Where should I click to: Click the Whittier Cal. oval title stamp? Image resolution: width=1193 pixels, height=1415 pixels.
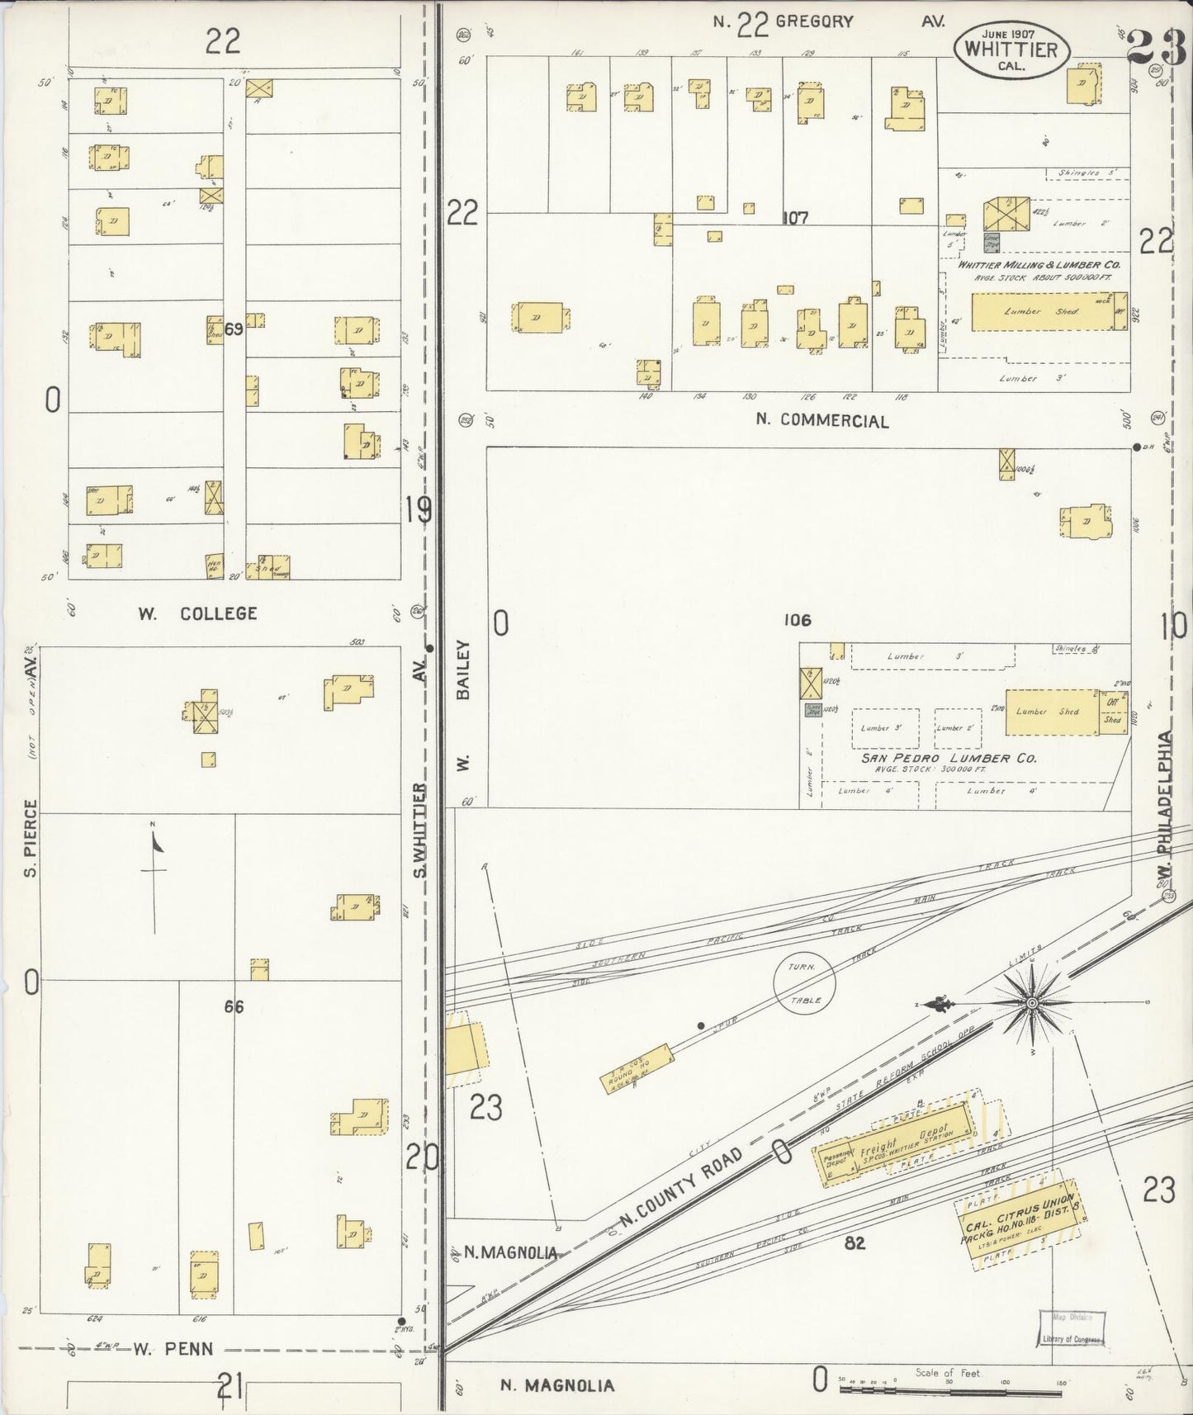pyautogui.click(x=1012, y=49)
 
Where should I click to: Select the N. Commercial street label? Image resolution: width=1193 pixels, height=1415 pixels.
pyautogui.click(x=822, y=420)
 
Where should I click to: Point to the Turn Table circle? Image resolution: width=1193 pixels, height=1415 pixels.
pyautogui.click(x=804, y=982)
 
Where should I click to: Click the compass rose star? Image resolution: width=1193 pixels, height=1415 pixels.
pyautogui.click(x=1031, y=1003)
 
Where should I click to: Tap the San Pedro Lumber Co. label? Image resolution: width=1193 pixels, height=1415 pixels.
pyautogui.click(x=949, y=758)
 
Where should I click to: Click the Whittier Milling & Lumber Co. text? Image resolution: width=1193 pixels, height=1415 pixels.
pyautogui.click(x=1038, y=265)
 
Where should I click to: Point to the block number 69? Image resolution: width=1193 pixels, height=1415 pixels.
pyautogui.click(x=234, y=330)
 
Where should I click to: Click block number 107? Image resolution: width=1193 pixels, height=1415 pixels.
pyautogui.click(x=796, y=218)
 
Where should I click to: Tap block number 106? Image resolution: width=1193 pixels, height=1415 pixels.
pyautogui.click(x=798, y=620)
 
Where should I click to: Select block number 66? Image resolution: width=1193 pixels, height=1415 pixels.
pyautogui.click(x=234, y=1006)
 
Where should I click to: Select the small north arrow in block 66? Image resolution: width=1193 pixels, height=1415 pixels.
pyautogui.click(x=155, y=867)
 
